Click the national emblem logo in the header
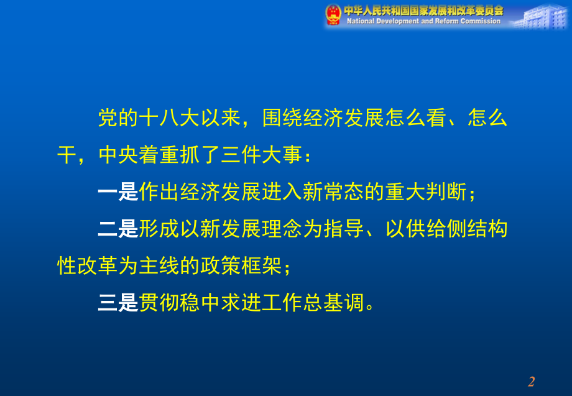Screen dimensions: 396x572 coord(334,14)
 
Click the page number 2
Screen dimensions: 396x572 coord(532,381)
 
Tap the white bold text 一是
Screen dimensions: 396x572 coord(118,193)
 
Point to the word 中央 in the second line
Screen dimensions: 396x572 coord(118,155)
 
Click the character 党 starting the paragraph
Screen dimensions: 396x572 coord(108,118)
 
